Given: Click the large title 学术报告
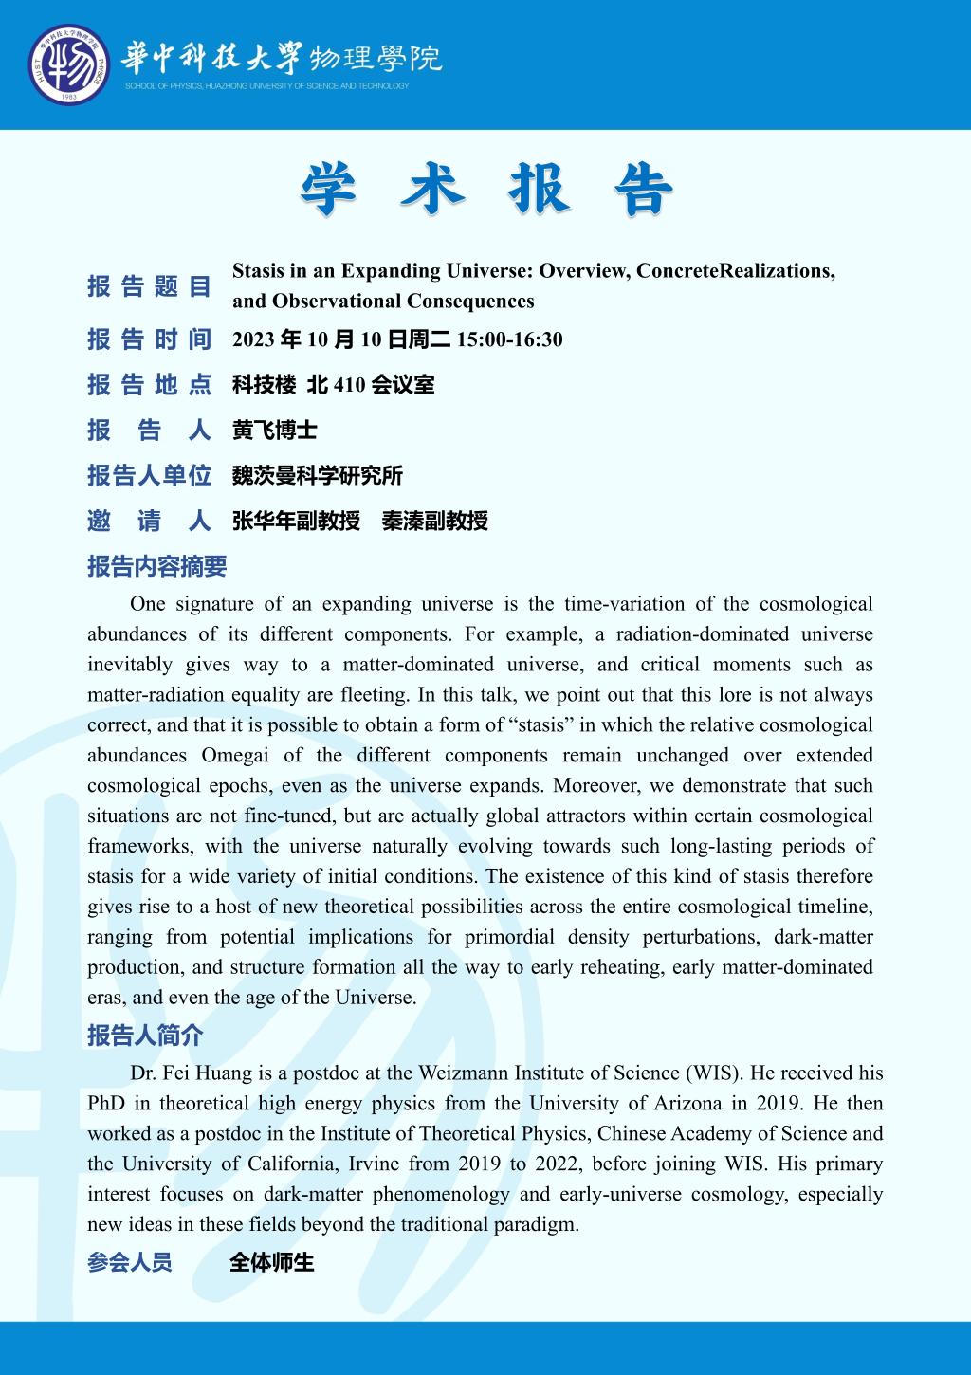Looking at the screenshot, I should [x=486, y=189].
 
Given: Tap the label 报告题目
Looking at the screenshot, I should [x=149, y=286].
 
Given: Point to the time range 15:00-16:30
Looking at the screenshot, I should [x=510, y=339].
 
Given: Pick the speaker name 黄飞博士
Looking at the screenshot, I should [x=274, y=431].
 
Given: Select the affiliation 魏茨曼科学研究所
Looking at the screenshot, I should [x=318, y=476].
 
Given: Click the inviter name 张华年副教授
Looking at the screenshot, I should [x=296, y=521].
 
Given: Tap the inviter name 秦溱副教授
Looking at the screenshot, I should [x=434, y=521].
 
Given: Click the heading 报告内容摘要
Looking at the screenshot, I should [x=157, y=567].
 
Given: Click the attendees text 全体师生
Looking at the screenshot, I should [x=271, y=1263].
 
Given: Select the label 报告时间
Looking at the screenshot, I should [x=149, y=339].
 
